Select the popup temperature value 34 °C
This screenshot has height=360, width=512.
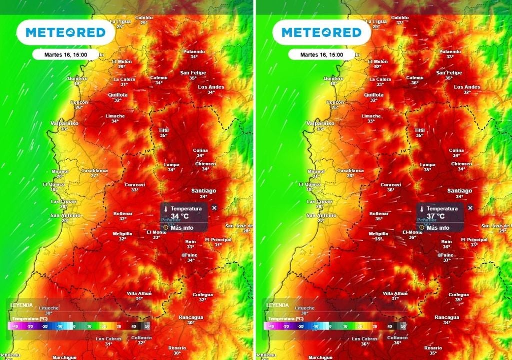pyautogui.click(x=180, y=216)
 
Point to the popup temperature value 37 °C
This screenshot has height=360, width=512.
pyautogui.click(x=436, y=216)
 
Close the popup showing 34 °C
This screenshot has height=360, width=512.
pyautogui.click(x=214, y=208)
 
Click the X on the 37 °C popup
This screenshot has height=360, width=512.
pyautogui.click(x=470, y=208)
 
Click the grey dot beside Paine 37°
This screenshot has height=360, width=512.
pyautogui.click(x=440, y=255)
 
